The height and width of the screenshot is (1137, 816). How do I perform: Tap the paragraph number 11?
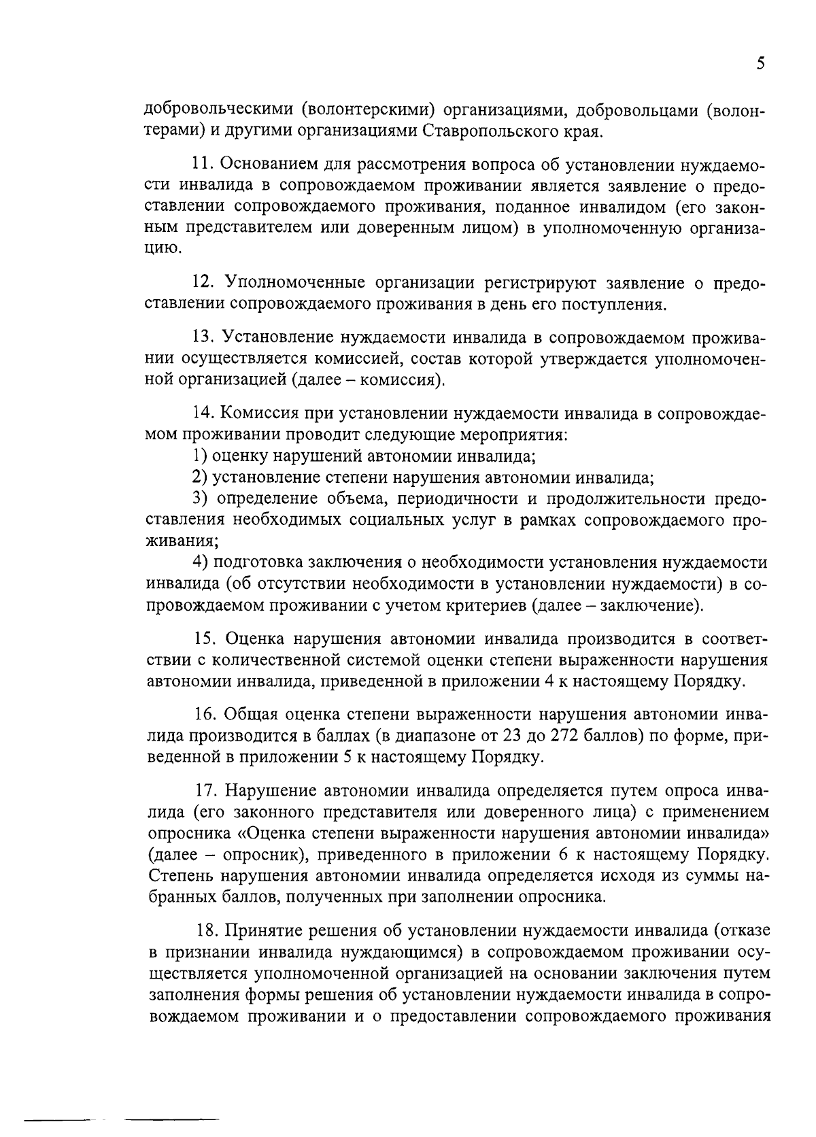203,165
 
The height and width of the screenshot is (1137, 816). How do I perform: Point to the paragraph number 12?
203,282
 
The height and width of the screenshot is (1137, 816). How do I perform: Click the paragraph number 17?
203,791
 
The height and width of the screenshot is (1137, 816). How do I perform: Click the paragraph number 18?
203,930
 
